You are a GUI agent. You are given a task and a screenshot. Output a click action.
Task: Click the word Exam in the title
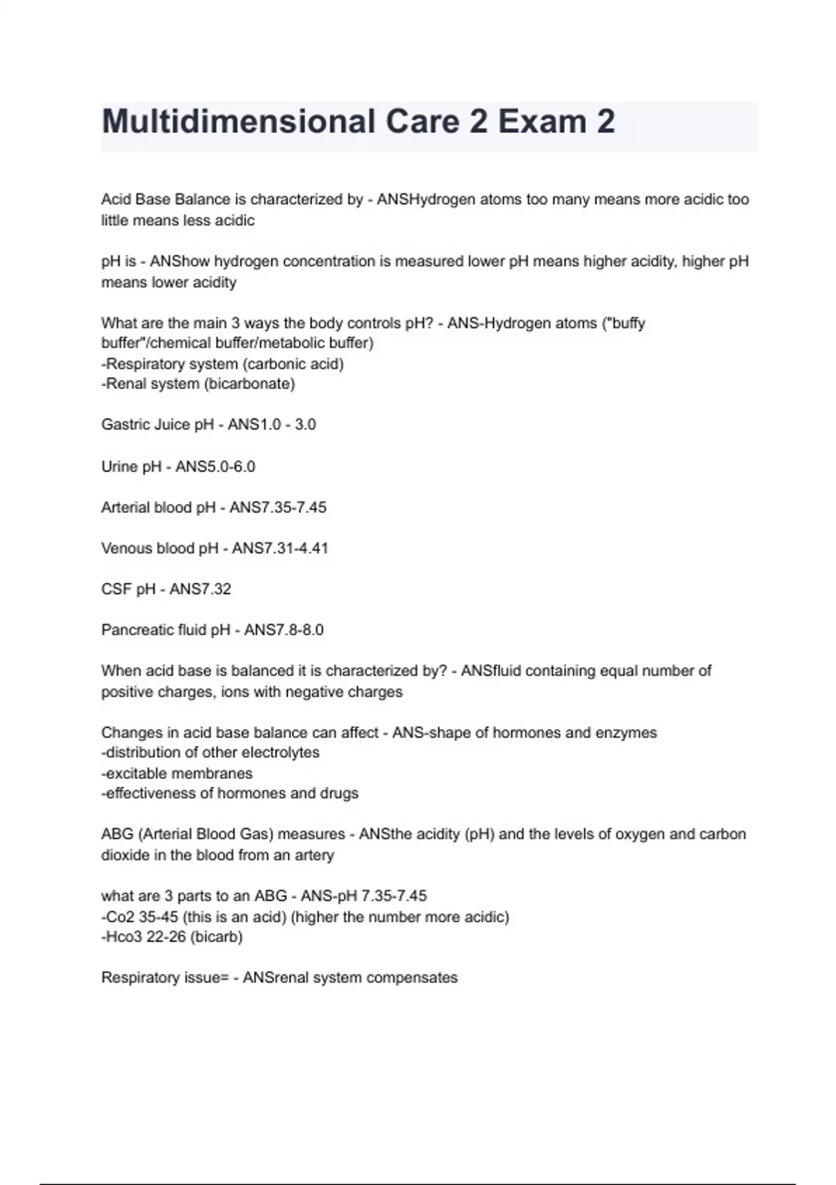tap(541, 122)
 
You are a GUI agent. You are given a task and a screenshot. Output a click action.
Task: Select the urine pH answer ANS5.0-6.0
tap(215, 466)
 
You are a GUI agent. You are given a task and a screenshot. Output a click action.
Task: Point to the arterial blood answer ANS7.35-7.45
tap(278, 507)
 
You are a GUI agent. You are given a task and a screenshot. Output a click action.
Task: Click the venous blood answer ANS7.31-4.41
tap(280, 549)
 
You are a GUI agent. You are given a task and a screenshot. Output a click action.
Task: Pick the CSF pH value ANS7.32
tap(201, 589)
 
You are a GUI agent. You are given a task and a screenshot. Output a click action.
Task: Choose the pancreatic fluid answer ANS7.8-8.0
tap(284, 630)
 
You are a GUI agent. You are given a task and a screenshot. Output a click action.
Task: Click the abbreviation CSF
tap(116, 589)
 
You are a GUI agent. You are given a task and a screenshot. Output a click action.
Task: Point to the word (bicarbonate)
tap(249, 384)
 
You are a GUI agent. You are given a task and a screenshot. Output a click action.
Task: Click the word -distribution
tap(140, 753)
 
